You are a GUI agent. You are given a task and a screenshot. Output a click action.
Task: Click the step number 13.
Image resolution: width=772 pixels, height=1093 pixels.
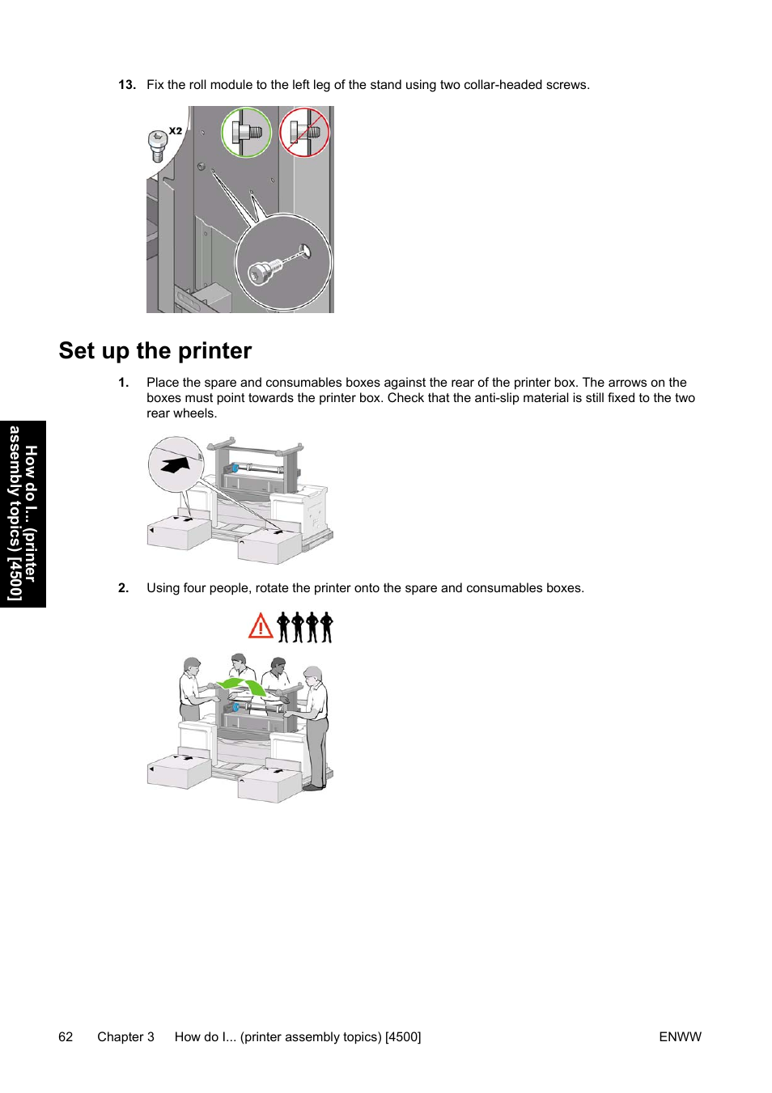tap(126, 85)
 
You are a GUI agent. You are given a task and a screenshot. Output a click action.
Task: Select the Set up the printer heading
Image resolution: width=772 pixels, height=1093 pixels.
tap(155, 351)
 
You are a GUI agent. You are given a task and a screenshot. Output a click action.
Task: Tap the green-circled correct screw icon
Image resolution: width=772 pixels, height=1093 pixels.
tap(246, 133)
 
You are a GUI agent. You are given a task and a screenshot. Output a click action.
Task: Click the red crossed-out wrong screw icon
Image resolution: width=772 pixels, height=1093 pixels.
tap(304, 133)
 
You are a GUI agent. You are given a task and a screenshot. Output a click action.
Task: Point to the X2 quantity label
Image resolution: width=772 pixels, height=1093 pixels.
tap(176, 130)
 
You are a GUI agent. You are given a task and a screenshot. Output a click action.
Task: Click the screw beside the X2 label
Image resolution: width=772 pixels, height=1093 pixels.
tap(158, 146)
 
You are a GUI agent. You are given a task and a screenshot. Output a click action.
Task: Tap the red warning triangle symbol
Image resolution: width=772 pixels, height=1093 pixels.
tap(261, 626)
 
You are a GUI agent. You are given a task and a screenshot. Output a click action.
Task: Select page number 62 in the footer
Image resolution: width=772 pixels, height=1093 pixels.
tap(66, 1037)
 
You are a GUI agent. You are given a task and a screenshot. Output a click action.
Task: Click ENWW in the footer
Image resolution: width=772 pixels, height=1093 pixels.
tap(680, 1037)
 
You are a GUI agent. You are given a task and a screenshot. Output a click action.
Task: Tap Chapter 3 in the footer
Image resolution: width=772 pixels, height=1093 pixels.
tap(125, 1037)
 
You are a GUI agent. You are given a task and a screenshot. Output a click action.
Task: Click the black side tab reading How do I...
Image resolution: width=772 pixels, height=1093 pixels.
tap(23, 514)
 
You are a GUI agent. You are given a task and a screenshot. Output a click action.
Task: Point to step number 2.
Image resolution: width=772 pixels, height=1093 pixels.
tap(124, 588)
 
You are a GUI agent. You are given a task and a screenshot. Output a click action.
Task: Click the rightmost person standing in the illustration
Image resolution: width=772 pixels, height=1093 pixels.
tap(316, 724)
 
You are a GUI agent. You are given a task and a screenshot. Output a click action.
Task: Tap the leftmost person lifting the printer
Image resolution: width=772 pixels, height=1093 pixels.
tap(191, 688)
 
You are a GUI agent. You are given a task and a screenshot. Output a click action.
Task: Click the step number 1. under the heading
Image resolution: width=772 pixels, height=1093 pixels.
tap(124, 383)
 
